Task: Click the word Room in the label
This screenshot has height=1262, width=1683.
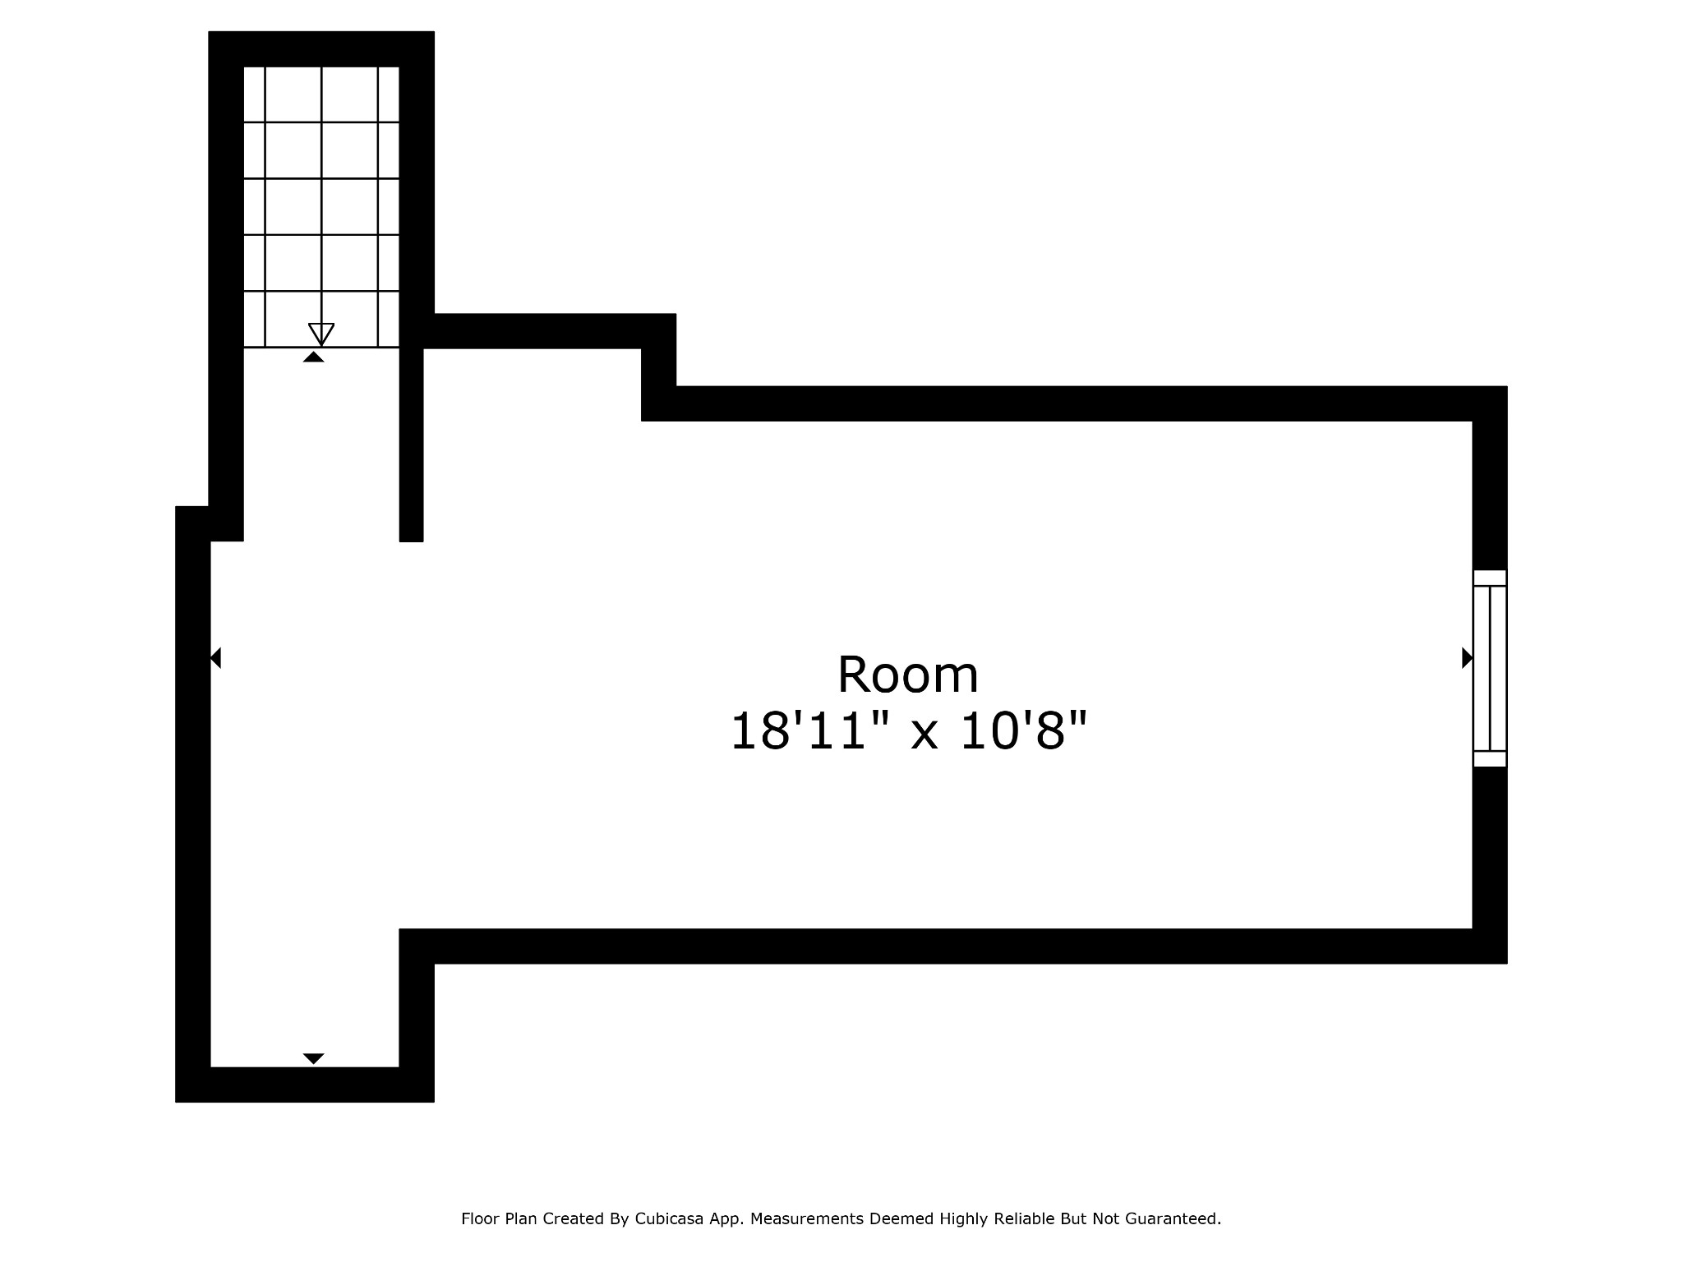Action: (907, 675)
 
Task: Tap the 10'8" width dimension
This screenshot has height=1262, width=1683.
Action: (1023, 731)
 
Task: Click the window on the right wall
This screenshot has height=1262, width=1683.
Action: (1489, 668)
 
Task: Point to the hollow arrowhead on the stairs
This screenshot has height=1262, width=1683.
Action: (321, 334)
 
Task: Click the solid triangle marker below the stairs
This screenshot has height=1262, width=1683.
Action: (313, 357)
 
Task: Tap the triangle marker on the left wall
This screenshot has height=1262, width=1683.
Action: (215, 658)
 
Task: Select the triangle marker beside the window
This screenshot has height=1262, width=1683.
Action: (1467, 658)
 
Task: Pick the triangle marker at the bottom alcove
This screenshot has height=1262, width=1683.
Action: (313, 1058)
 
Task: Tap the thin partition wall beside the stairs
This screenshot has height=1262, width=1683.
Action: (411, 444)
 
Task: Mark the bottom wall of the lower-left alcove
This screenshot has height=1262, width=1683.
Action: (305, 1085)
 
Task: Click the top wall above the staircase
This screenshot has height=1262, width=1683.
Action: (321, 49)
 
